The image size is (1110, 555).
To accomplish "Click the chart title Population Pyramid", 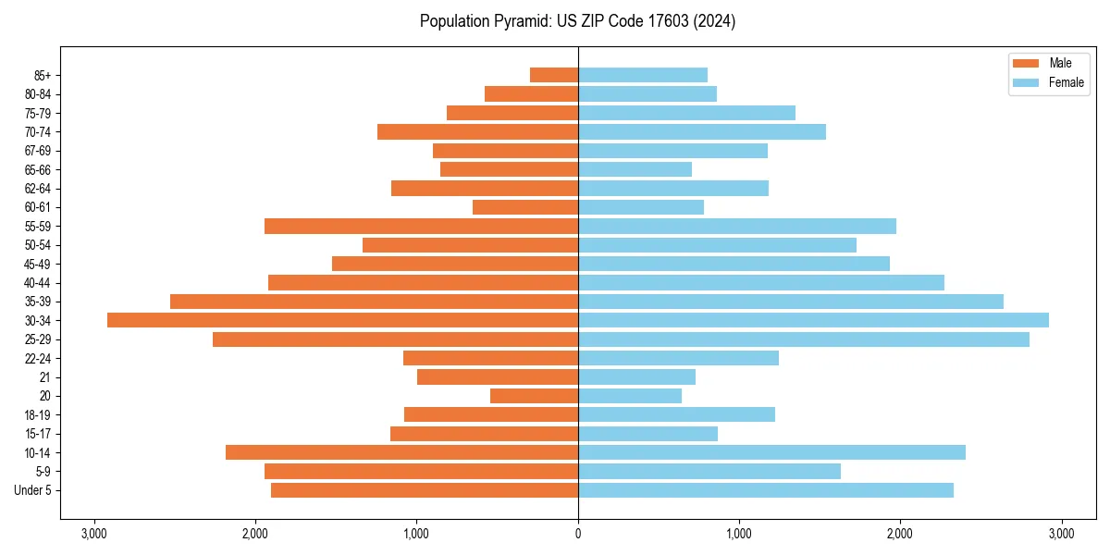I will coord(577,21).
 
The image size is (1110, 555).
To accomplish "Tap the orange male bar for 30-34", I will coord(342,320).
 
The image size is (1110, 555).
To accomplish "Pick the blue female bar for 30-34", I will coord(813,320).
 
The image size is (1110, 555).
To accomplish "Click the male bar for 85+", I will coord(553,75).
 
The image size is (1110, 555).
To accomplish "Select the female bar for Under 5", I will coord(765,490).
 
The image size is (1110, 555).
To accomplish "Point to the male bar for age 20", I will coord(534,396).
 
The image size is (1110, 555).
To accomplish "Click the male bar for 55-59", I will coord(421,226).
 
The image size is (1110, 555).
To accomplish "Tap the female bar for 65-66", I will coord(635,169).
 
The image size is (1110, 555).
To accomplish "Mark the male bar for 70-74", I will coord(477,131).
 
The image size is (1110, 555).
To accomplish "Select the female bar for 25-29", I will coord(803,339).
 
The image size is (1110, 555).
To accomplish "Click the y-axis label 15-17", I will coord(38,434).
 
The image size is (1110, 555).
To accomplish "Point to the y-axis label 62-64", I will coord(38,189).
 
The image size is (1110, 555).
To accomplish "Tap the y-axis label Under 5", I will coord(33,490).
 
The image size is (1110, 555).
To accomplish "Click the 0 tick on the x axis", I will coord(577,534).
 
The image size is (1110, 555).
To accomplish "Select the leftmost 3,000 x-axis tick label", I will coord(93,534).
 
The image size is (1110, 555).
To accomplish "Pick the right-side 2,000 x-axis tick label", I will coord(899,534).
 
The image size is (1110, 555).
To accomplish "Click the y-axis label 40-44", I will coord(38,283).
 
